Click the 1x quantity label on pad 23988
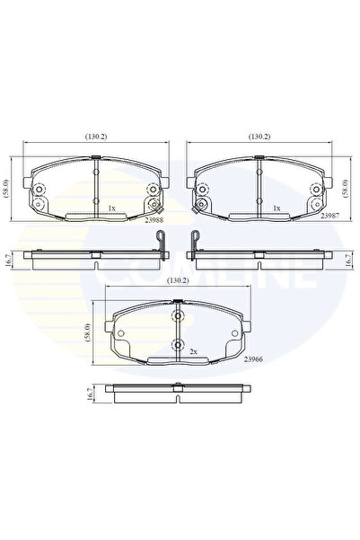coord(111,208)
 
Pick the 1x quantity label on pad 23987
coord(277,208)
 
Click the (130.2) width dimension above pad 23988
coord(96,137)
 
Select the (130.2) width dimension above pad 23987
coord(260,137)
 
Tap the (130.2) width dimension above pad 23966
coord(178,281)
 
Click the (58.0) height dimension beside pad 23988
coord(7,189)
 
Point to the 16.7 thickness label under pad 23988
coord(7,260)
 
